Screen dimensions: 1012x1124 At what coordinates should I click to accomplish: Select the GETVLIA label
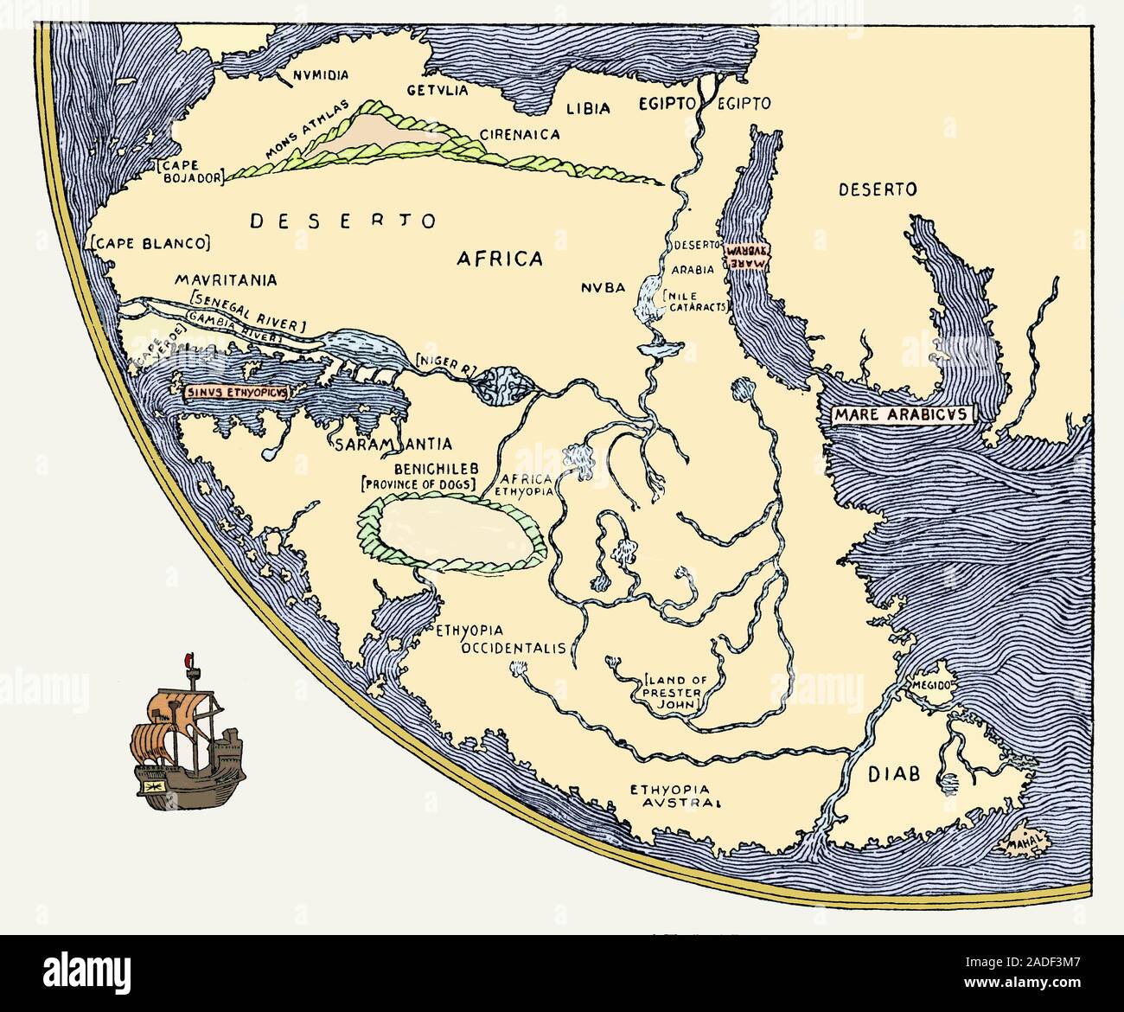coord(437,90)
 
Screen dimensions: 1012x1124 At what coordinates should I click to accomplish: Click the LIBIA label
coord(588,108)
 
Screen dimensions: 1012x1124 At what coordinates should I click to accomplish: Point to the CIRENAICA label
coord(520,134)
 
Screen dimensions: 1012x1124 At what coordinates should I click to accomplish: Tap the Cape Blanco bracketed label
coord(150,243)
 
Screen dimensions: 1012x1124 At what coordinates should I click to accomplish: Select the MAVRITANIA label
coord(225,280)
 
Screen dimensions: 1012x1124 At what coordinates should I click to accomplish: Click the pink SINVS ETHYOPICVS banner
coord(236,391)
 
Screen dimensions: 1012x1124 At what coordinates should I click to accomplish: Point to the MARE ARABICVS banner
coord(899,414)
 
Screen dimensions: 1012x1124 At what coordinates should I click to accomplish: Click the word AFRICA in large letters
coord(499,258)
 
